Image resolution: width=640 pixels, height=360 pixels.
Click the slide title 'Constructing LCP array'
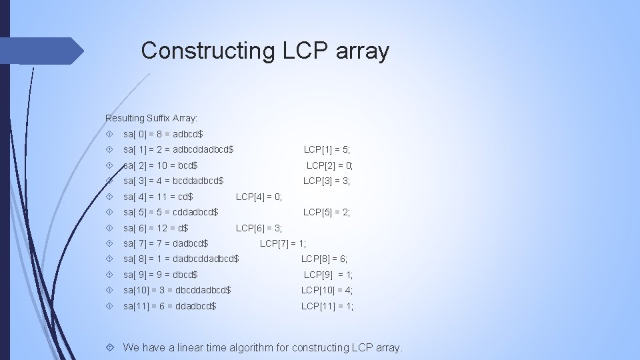coord(265,51)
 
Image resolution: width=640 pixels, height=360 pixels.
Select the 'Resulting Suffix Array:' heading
coord(151,118)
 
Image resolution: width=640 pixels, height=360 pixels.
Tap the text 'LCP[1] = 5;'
coord(327,149)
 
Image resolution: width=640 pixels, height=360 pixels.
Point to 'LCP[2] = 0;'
coord(329,165)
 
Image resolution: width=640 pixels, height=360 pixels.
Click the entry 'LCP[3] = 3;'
coord(327,181)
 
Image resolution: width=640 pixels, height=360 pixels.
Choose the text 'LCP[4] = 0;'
coord(259,197)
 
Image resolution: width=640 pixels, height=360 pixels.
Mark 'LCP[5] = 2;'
coord(327,212)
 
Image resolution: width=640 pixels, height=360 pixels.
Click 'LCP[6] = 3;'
coord(259,228)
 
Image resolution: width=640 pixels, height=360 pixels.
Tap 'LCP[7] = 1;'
coord(283,243)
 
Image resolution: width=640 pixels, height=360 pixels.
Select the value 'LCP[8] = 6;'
coord(325,259)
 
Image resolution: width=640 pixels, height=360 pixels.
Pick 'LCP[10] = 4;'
coord(327,290)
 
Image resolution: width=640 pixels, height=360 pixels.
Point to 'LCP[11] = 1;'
coord(327,306)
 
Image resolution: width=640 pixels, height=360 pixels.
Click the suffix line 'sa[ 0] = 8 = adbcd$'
coord(163,134)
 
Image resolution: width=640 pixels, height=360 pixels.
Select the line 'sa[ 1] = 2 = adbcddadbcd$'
coord(179,149)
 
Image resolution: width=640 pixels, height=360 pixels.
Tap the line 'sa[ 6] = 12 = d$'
coord(155,228)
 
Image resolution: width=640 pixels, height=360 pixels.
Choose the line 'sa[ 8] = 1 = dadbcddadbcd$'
coord(181,259)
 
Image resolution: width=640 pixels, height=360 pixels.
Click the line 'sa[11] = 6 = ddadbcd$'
coord(169,306)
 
